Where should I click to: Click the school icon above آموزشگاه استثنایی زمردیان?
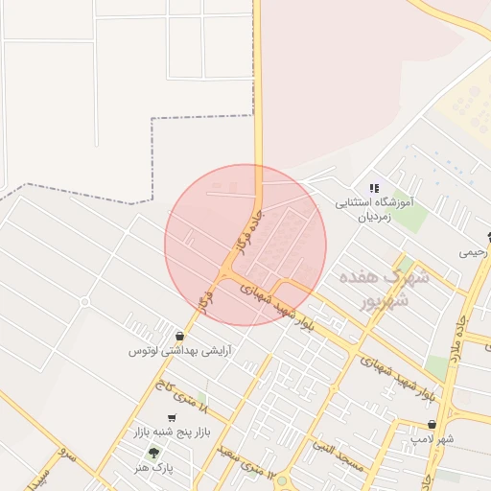(373, 188)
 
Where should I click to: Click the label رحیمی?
(472, 253)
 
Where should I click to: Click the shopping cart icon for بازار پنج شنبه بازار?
(172, 418)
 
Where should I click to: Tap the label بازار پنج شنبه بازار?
(168, 433)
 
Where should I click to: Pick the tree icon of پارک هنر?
(152, 453)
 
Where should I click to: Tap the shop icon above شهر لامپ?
(432, 424)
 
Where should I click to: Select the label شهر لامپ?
(433, 438)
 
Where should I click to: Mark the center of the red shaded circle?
(245, 245)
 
